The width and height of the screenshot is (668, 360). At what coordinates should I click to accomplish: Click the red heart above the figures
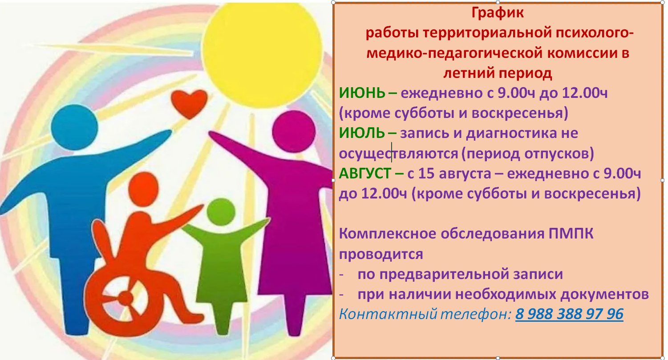coord(189,103)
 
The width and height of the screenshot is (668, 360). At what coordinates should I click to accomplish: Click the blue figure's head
coord(74,127)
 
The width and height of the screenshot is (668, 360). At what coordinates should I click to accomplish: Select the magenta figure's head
coord(294,131)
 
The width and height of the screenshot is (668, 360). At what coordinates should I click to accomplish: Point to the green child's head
coord(221,212)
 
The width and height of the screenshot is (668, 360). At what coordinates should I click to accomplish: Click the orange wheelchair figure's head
coord(143,189)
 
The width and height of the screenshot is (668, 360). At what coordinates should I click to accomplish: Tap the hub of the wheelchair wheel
coord(126,297)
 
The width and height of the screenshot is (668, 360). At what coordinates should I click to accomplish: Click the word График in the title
coord(498,13)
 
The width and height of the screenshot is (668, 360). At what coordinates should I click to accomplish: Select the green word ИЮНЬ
coord(362,93)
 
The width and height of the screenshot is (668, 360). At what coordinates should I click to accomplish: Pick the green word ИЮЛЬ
coord(362,133)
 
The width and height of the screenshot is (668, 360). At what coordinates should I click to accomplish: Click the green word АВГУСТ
coord(365,173)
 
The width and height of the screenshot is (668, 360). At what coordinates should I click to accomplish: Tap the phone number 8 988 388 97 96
coord(569,314)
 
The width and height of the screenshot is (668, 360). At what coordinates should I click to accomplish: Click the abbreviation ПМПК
coord(571,234)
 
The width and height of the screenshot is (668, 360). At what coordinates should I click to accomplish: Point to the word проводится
coord(381,255)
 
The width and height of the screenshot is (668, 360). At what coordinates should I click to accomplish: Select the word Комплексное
coord(388,234)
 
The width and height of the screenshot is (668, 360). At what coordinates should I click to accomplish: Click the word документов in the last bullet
coord(605,295)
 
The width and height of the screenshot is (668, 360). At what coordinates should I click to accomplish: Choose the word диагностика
coord(511,133)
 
